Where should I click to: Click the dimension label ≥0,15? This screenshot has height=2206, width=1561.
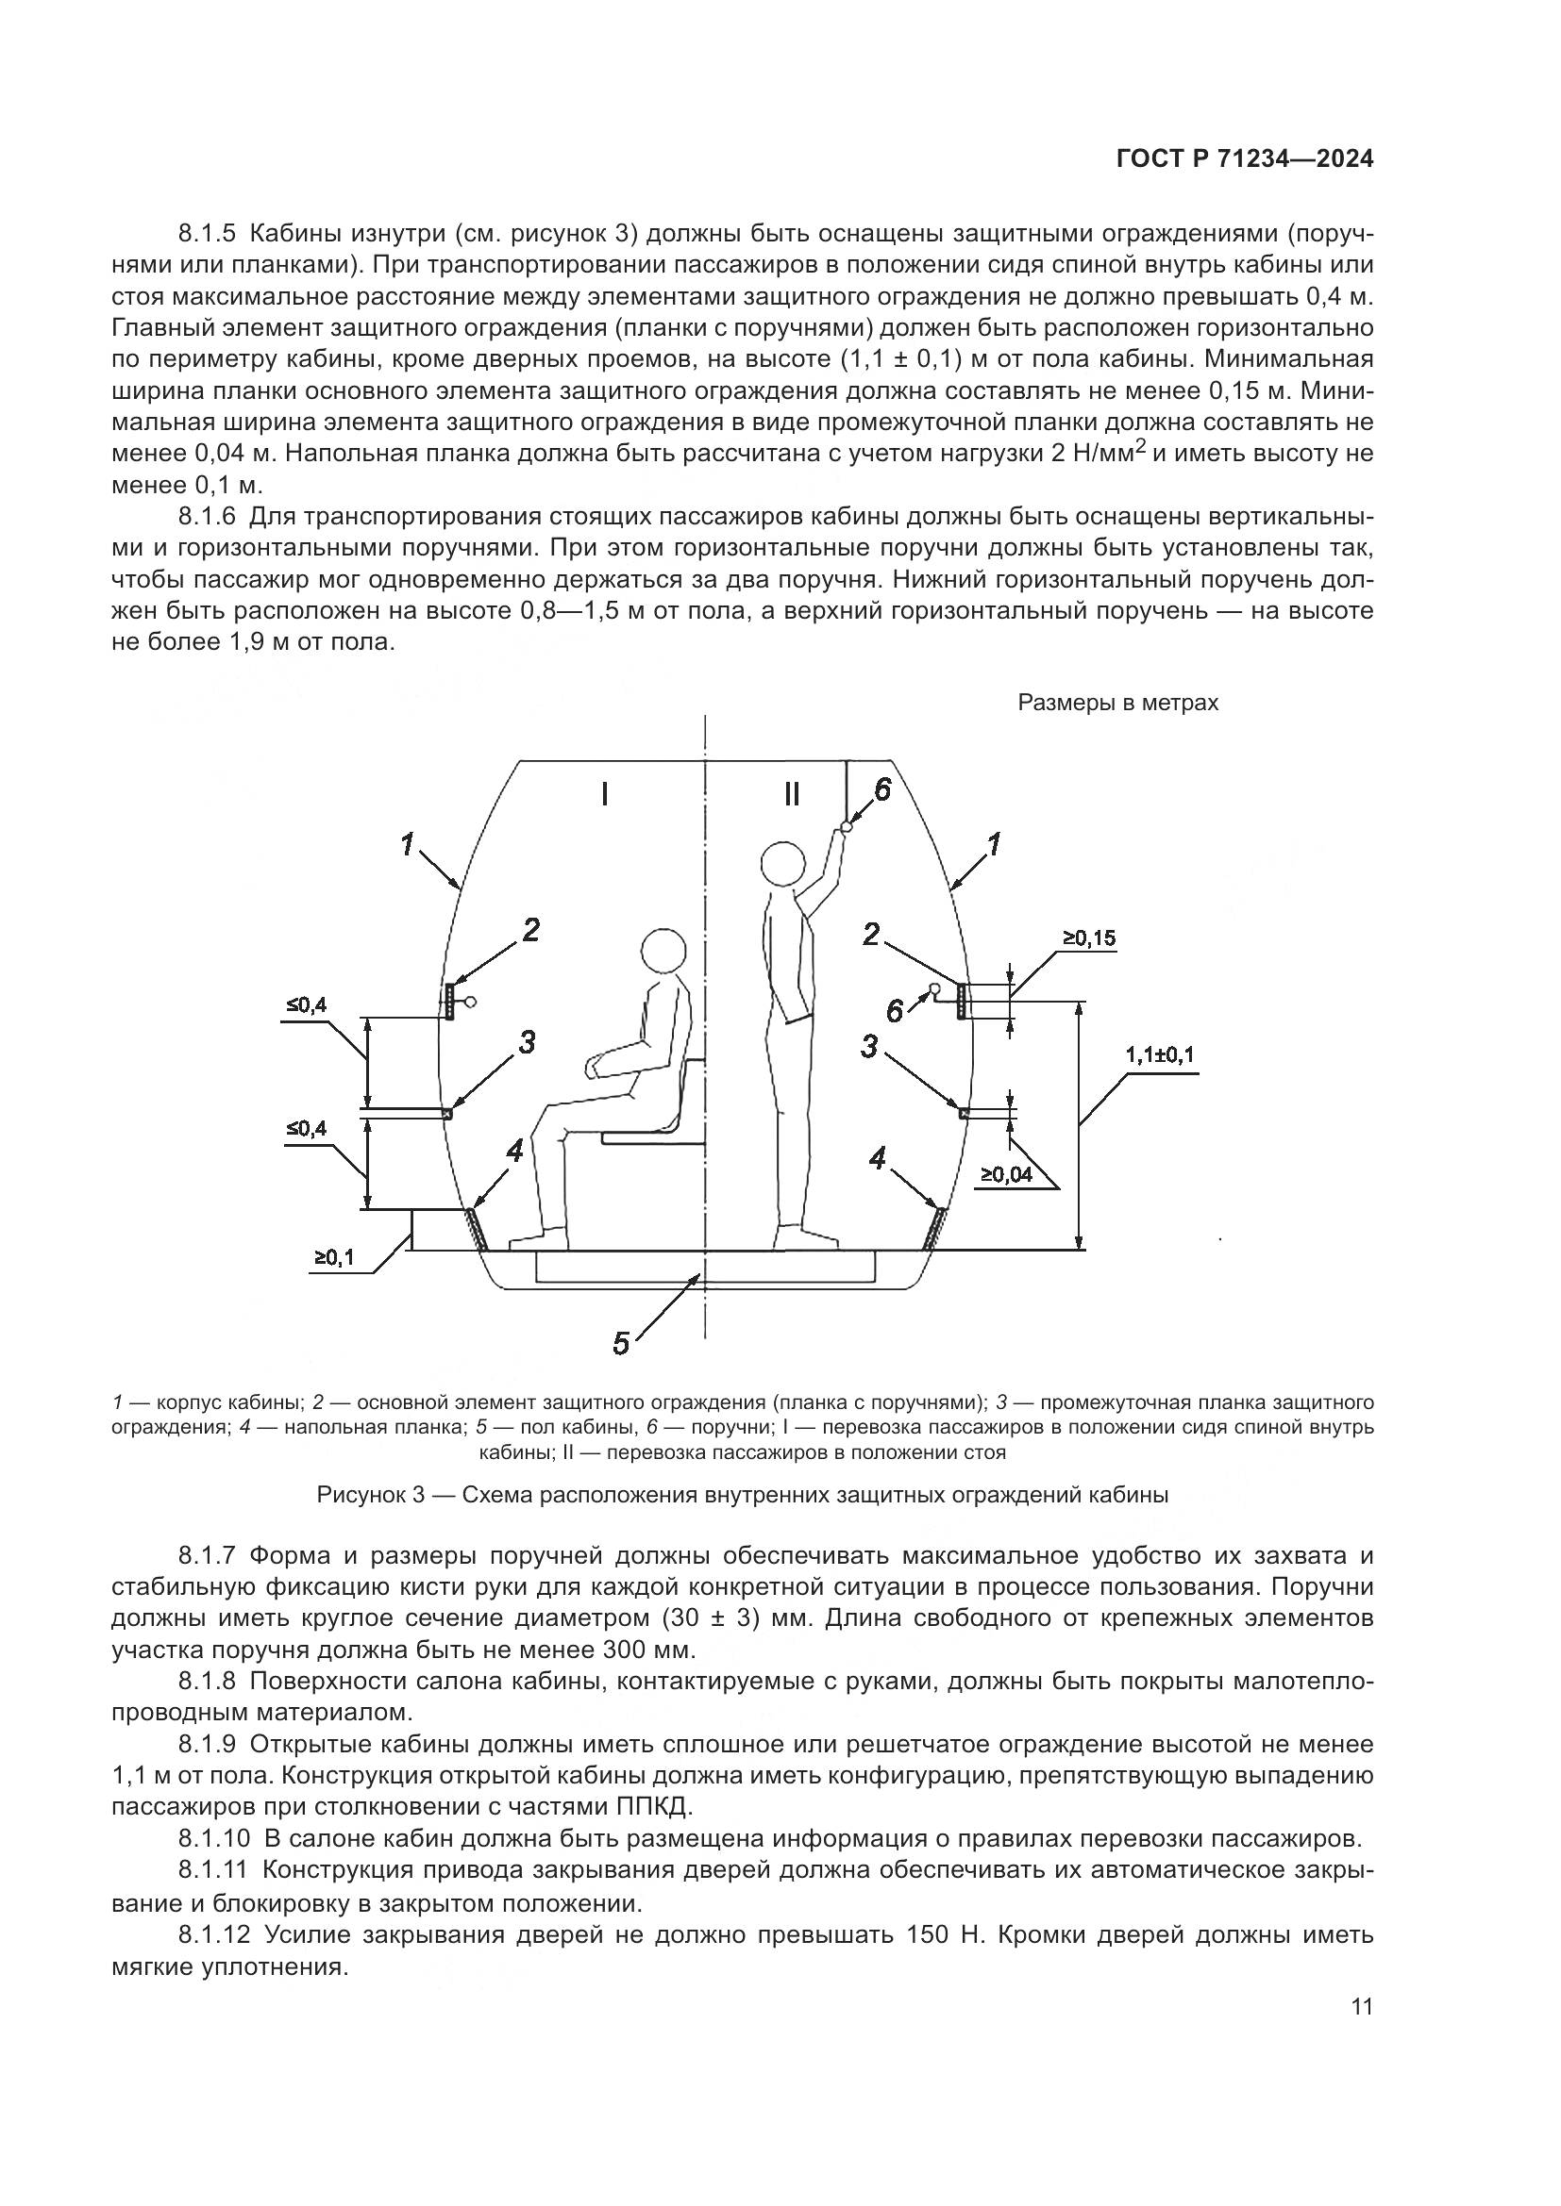click(x=1089, y=937)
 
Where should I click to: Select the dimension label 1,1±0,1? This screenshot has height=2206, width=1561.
click(x=1160, y=1055)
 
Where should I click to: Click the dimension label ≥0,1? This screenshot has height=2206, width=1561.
click(x=333, y=1256)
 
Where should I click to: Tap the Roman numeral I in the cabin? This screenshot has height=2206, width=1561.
click(x=604, y=794)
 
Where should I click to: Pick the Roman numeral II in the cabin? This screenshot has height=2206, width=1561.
click(x=791, y=794)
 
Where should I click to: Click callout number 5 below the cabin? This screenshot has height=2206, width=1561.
click(x=621, y=1343)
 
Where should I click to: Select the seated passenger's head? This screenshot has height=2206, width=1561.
click(x=664, y=954)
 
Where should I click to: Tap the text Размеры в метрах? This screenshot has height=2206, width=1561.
click(x=1117, y=704)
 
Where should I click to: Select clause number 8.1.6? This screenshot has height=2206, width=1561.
click(x=207, y=517)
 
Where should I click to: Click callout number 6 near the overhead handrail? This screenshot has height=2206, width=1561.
click(x=881, y=788)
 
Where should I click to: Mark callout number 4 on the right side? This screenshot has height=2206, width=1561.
click(x=877, y=1159)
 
